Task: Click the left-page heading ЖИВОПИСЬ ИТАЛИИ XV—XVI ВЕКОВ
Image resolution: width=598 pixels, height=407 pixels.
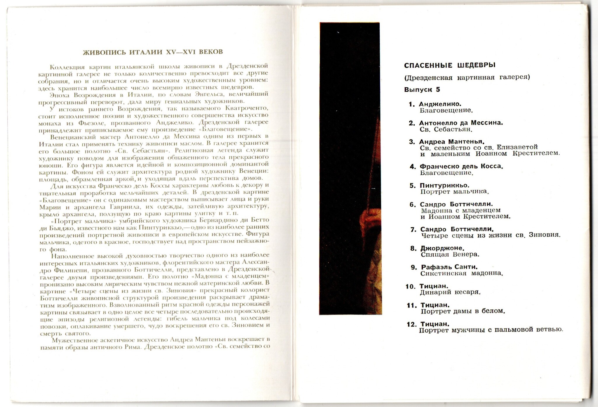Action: pyautogui.click(x=153, y=52)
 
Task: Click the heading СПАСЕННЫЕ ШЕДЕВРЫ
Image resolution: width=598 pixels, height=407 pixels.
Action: pyautogui.click(x=450, y=65)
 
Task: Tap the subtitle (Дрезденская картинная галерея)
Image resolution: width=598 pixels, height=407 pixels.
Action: pyautogui.click(x=467, y=77)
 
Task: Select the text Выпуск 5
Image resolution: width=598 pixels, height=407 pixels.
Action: pyautogui.click(x=422, y=90)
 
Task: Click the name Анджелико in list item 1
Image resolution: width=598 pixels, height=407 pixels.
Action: pyautogui.click(x=440, y=104)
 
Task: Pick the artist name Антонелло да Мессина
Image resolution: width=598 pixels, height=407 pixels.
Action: pyautogui.click(x=461, y=123)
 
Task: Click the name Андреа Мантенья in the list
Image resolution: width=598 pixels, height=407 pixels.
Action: pyautogui.click(x=452, y=142)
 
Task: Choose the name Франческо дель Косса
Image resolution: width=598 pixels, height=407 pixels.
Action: pyautogui.click(x=461, y=166)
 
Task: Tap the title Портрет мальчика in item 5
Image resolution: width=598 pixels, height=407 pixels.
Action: pyautogui.click(x=454, y=192)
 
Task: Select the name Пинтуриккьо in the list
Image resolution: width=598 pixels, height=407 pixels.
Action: pyautogui.click(x=444, y=186)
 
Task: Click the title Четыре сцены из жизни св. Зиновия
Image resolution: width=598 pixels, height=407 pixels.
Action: pyautogui.click(x=491, y=235)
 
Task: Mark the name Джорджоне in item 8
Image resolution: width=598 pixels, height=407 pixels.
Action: pyautogui.click(x=442, y=248)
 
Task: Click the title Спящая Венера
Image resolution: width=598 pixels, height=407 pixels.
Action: pyautogui.click(x=450, y=254)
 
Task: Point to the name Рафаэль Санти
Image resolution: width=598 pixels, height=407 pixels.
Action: pyautogui.click(x=449, y=267)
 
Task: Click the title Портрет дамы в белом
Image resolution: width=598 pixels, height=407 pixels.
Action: pyautogui.click(x=463, y=311)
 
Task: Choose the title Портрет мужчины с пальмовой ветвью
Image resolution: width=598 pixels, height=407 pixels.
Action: pyautogui.click(x=491, y=330)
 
